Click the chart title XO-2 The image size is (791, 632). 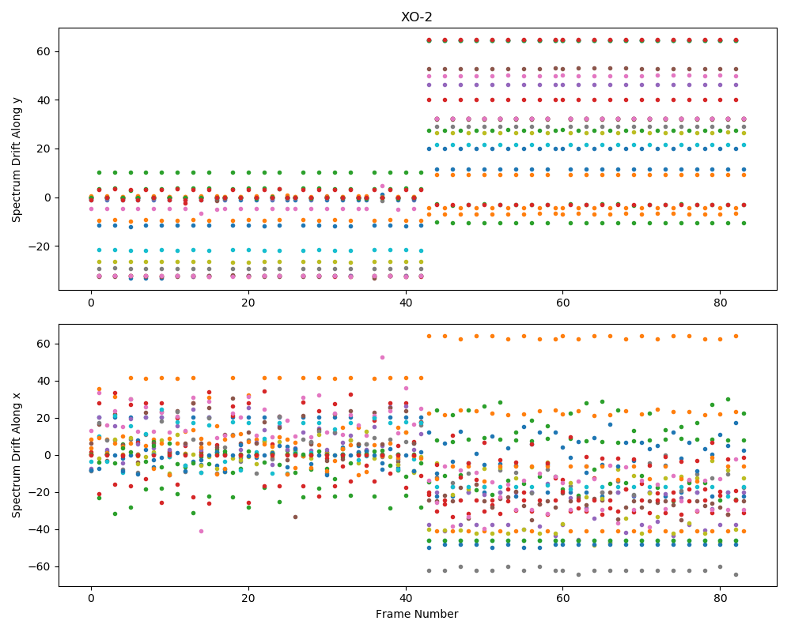click(x=416, y=17)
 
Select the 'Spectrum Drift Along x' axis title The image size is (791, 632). click(x=16, y=456)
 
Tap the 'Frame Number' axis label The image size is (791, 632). click(x=417, y=614)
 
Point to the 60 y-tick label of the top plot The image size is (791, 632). click(x=45, y=51)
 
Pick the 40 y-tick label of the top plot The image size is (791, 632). click(x=45, y=100)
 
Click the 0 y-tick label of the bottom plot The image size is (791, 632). click(x=48, y=456)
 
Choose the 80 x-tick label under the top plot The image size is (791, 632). click(x=721, y=303)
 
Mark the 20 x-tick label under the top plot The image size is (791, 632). click(x=248, y=303)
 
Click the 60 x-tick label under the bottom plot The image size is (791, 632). click(x=563, y=599)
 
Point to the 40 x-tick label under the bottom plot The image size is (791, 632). click(x=406, y=599)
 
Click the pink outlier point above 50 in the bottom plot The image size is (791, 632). click(x=382, y=357)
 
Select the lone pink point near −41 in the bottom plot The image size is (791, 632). click(x=201, y=531)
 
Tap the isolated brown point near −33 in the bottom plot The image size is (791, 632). click(x=296, y=517)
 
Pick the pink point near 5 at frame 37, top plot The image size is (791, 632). click(x=382, y=186)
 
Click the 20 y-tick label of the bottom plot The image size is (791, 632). click(x=45, y=419)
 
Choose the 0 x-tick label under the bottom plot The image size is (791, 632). click(x=91, y=599)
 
